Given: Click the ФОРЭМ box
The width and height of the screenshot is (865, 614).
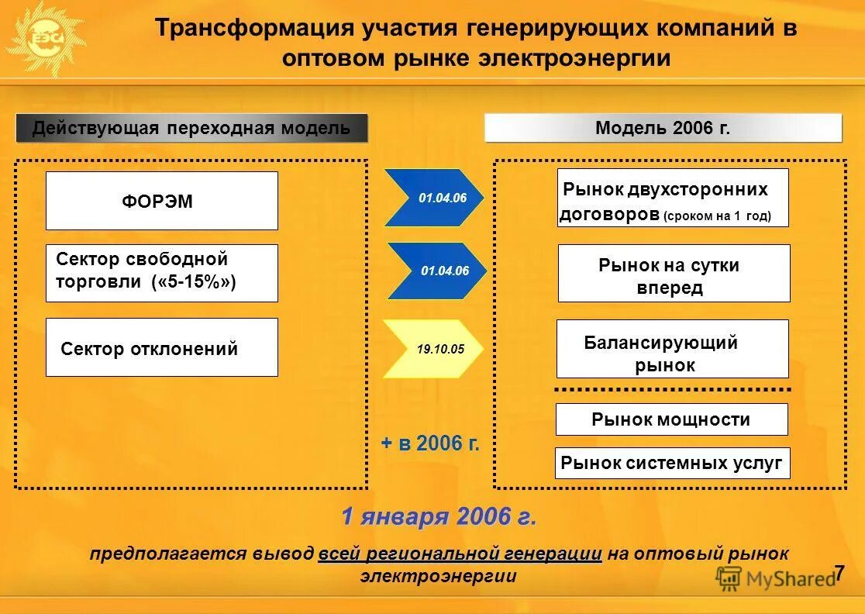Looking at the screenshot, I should pos(161,201).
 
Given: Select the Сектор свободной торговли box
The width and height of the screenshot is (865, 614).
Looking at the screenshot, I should pos(161,273).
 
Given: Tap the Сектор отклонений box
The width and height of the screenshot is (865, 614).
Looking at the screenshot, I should pos(161,347).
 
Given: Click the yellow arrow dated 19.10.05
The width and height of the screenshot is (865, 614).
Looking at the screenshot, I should pos(434,349).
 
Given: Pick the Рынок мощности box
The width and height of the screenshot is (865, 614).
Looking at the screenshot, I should pos(671,419).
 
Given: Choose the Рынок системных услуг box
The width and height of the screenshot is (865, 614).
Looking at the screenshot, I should pos(672,464).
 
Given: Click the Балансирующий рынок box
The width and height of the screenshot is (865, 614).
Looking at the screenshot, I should pos(672,354).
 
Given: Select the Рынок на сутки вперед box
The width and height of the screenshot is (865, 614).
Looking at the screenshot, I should pos(674,274).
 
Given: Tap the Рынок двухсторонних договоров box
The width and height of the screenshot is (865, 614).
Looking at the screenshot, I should pos(672,198).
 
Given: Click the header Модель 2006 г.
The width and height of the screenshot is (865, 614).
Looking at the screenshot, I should pos(663,128).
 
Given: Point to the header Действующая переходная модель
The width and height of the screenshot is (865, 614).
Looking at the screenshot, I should pos(191,128).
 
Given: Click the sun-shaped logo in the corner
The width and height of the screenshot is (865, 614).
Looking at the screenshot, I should pos(44,36).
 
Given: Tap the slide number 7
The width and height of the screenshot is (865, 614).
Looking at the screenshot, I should pos(839,574).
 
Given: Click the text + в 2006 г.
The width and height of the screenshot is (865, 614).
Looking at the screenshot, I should pos(430,443).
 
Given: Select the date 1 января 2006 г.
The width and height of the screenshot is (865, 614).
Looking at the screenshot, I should pos(439,516).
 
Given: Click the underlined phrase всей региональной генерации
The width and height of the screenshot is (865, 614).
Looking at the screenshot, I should pos(460,554).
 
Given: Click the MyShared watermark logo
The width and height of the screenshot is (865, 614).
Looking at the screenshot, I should pos(774,578).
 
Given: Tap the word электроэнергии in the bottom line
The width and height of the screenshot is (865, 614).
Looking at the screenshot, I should pos(438,577).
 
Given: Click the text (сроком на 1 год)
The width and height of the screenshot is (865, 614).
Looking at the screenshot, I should pos(717,216).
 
